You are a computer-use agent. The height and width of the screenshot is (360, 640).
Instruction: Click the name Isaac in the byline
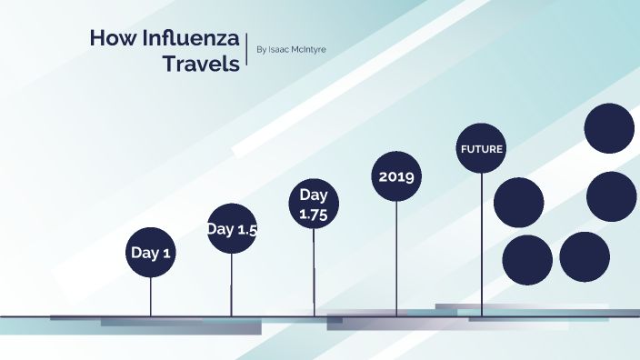(x=282, y=49)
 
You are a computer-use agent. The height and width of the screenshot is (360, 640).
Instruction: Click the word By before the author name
(x=263, y=49)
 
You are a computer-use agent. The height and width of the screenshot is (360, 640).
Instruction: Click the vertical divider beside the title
(x=247, y=52)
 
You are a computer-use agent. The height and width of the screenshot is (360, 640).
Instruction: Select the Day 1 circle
(x=150, y=253)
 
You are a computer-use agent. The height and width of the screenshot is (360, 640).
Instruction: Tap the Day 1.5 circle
(x=232, y=229)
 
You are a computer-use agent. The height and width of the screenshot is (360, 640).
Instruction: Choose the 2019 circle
(x=396, y=176)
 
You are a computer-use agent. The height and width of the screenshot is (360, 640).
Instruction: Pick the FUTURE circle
(x=481, y=148)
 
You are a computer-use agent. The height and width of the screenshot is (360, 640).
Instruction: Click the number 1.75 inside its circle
(x=314, y=215)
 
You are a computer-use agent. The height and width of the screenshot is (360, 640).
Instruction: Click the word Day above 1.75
(x=314, y=195)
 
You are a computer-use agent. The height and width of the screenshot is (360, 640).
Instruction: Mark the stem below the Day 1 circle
(x=150, y=296)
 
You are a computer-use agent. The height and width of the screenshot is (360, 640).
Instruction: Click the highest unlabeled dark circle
(x=609, y=128)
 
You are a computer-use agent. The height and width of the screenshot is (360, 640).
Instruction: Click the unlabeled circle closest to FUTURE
(x=518, y=202)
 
